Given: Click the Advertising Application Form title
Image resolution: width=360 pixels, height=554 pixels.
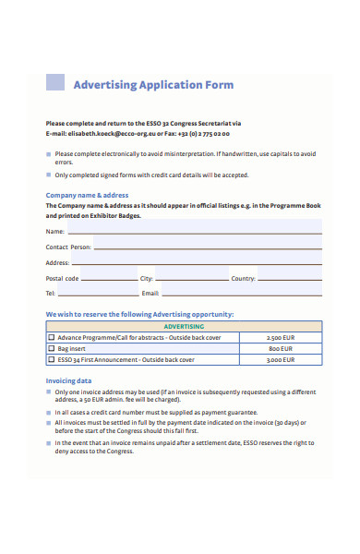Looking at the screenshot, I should click(152, 85).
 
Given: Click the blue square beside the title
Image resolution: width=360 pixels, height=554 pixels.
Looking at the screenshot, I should click(56, 82).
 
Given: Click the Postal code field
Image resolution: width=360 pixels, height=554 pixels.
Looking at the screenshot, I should click(106, 278).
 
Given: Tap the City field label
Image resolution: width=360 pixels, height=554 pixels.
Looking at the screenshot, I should click(146, 278).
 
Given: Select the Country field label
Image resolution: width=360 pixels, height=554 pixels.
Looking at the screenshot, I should click(243, 278).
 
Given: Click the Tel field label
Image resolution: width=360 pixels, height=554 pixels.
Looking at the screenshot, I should click(51, 293).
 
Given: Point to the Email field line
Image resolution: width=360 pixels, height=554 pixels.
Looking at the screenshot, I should click(240, 293).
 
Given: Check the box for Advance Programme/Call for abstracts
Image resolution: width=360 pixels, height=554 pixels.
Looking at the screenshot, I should click(52, 338).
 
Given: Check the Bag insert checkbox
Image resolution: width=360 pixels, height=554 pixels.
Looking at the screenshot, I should click(52, 349).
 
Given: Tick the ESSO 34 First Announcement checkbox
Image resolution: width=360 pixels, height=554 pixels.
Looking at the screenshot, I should click(52, 360).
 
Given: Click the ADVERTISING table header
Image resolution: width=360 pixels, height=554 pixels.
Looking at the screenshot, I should click(184, 327).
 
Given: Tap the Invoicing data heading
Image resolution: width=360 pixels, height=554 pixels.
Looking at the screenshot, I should click(68, 380).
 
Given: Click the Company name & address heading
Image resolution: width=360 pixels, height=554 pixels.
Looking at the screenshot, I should click(87, 195).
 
